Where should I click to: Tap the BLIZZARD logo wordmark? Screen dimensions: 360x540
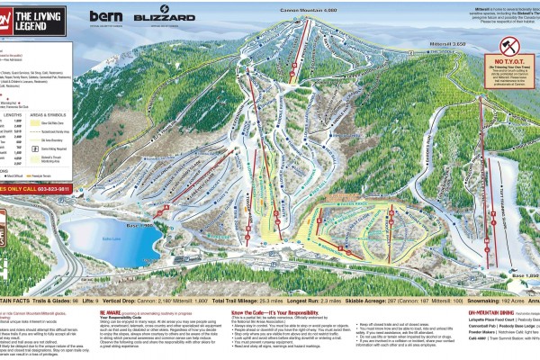[x=165, y=17]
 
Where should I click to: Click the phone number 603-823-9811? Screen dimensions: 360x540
[x=50, y=190]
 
